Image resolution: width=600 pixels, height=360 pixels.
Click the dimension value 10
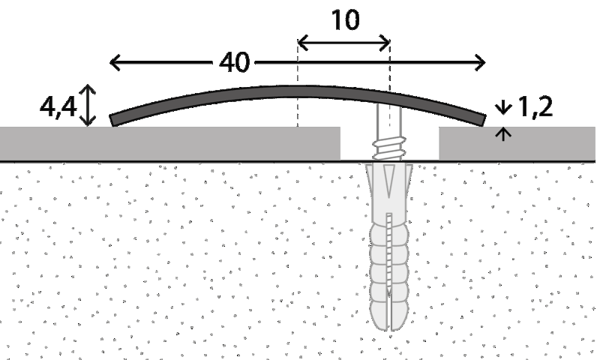tap(344, 20)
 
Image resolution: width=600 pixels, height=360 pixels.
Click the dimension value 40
tap(235, 63)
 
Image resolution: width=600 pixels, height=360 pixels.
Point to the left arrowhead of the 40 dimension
tap(115, 63)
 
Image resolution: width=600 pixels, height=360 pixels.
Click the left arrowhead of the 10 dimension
tap(302, 42)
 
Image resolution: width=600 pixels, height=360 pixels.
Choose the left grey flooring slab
tap(169, 142)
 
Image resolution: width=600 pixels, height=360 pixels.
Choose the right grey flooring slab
tap(517, 142)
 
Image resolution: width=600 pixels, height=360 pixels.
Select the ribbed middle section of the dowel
tap(389, 255)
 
